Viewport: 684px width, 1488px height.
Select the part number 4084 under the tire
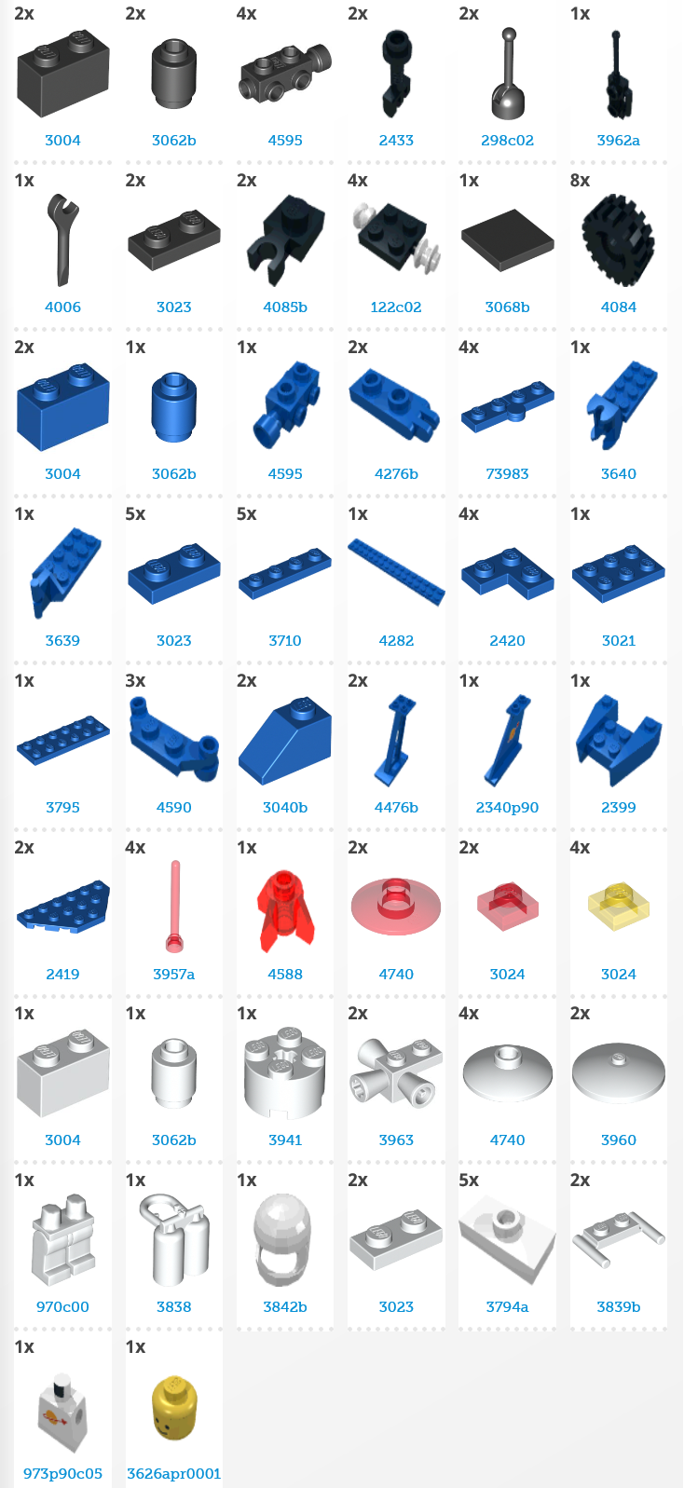[x=618, y=307]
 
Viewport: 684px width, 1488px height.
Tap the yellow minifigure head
[x=173, y=1408]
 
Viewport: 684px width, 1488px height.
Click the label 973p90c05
[x=62, y=1473]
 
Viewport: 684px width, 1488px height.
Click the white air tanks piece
[x=174, y=1239]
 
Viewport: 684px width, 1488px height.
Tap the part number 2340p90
[x=507, y=807]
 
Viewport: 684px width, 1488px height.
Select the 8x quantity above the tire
[x=580, y=180]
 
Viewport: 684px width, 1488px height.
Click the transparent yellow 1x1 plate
[x=618, y=905]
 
